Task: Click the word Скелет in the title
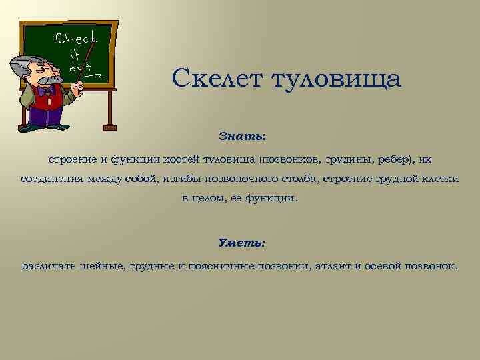217,79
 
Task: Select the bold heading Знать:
242,136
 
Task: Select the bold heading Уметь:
242,243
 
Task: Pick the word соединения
51,180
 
